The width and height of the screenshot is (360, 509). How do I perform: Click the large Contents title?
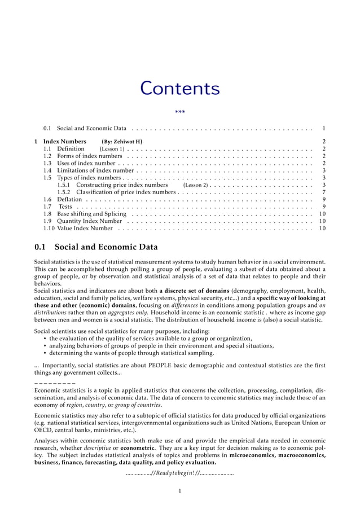coord(179,89)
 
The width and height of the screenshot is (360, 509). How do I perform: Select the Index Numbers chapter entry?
coord(65,141)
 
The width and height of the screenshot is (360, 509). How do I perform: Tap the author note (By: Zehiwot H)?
coord(122,141)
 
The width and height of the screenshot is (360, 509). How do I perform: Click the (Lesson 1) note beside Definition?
coord(112,148)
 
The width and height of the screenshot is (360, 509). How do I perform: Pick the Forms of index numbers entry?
coord(89,156)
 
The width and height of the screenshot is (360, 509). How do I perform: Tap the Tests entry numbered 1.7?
coord(65,207)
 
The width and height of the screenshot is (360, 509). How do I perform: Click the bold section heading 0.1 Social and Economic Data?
coord(96,247)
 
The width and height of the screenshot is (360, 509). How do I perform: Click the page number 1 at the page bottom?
coord(179,491)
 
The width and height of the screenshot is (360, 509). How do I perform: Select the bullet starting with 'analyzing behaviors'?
coord(161,346)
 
